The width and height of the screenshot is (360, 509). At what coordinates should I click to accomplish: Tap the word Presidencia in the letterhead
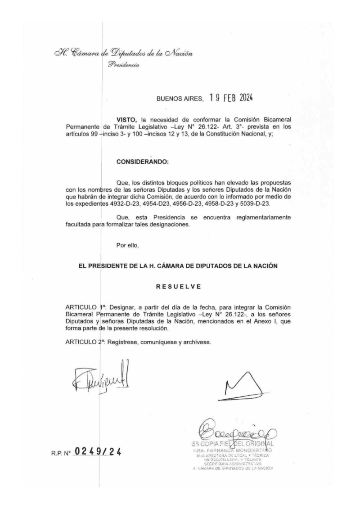pos(124,65)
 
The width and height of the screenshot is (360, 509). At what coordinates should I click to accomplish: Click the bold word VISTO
pos(127,120)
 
